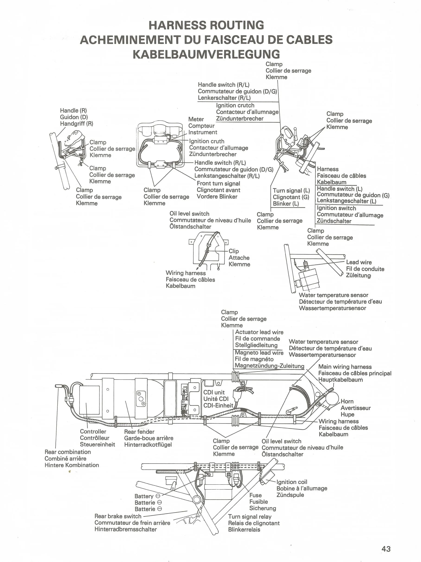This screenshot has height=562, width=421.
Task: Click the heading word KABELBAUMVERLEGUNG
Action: click(206, 54)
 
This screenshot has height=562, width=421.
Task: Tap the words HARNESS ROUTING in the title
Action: click(206, 25)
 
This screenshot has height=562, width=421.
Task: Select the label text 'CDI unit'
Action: click(214, 393)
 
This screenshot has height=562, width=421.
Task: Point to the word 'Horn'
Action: click(347, 401)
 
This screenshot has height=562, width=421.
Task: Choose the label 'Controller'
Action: click(93, 432)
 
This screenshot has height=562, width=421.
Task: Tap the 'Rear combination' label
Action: click(68, 452)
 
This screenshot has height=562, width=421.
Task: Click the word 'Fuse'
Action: click(255, 495)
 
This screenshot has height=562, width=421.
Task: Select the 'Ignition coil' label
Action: click(292, 482)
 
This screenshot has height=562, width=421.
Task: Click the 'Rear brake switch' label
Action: click(118, 516)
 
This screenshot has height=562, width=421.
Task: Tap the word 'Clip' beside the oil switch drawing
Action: click(234, 251)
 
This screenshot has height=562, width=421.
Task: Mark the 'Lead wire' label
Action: click(359, 262)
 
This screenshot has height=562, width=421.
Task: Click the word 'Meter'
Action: click(196, 119)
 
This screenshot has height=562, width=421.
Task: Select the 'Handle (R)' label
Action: click(73, 110)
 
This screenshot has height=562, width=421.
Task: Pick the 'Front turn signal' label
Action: click(218, 183)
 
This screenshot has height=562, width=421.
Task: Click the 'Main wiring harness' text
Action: click(345, 367)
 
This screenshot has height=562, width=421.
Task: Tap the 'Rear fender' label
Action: click(139, 432)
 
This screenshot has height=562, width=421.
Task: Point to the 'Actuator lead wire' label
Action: click(259, 332)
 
